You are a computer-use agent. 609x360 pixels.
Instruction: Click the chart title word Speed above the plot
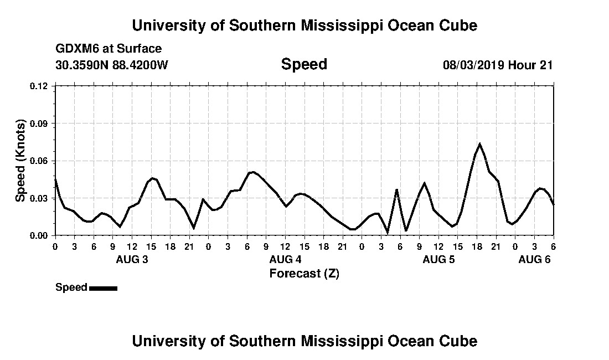coord(304,64)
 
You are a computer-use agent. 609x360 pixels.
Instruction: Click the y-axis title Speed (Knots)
coord(20,161)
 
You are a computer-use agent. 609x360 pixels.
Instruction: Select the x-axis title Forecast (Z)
coord(304,273)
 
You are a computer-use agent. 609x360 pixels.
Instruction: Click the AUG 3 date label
coord(132,259)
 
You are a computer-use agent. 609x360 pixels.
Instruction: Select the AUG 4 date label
coord(285,259)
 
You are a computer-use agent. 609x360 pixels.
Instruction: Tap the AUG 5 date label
coord(438,259)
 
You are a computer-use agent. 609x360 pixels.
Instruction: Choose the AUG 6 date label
coord(534,259)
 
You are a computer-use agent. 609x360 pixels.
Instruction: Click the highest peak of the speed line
coord(479,144)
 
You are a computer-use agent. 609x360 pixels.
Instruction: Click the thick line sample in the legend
coord(103,288)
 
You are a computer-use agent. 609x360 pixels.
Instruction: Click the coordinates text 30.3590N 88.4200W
coord(111,65)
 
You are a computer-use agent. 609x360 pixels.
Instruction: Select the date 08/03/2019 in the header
coord(473,65)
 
